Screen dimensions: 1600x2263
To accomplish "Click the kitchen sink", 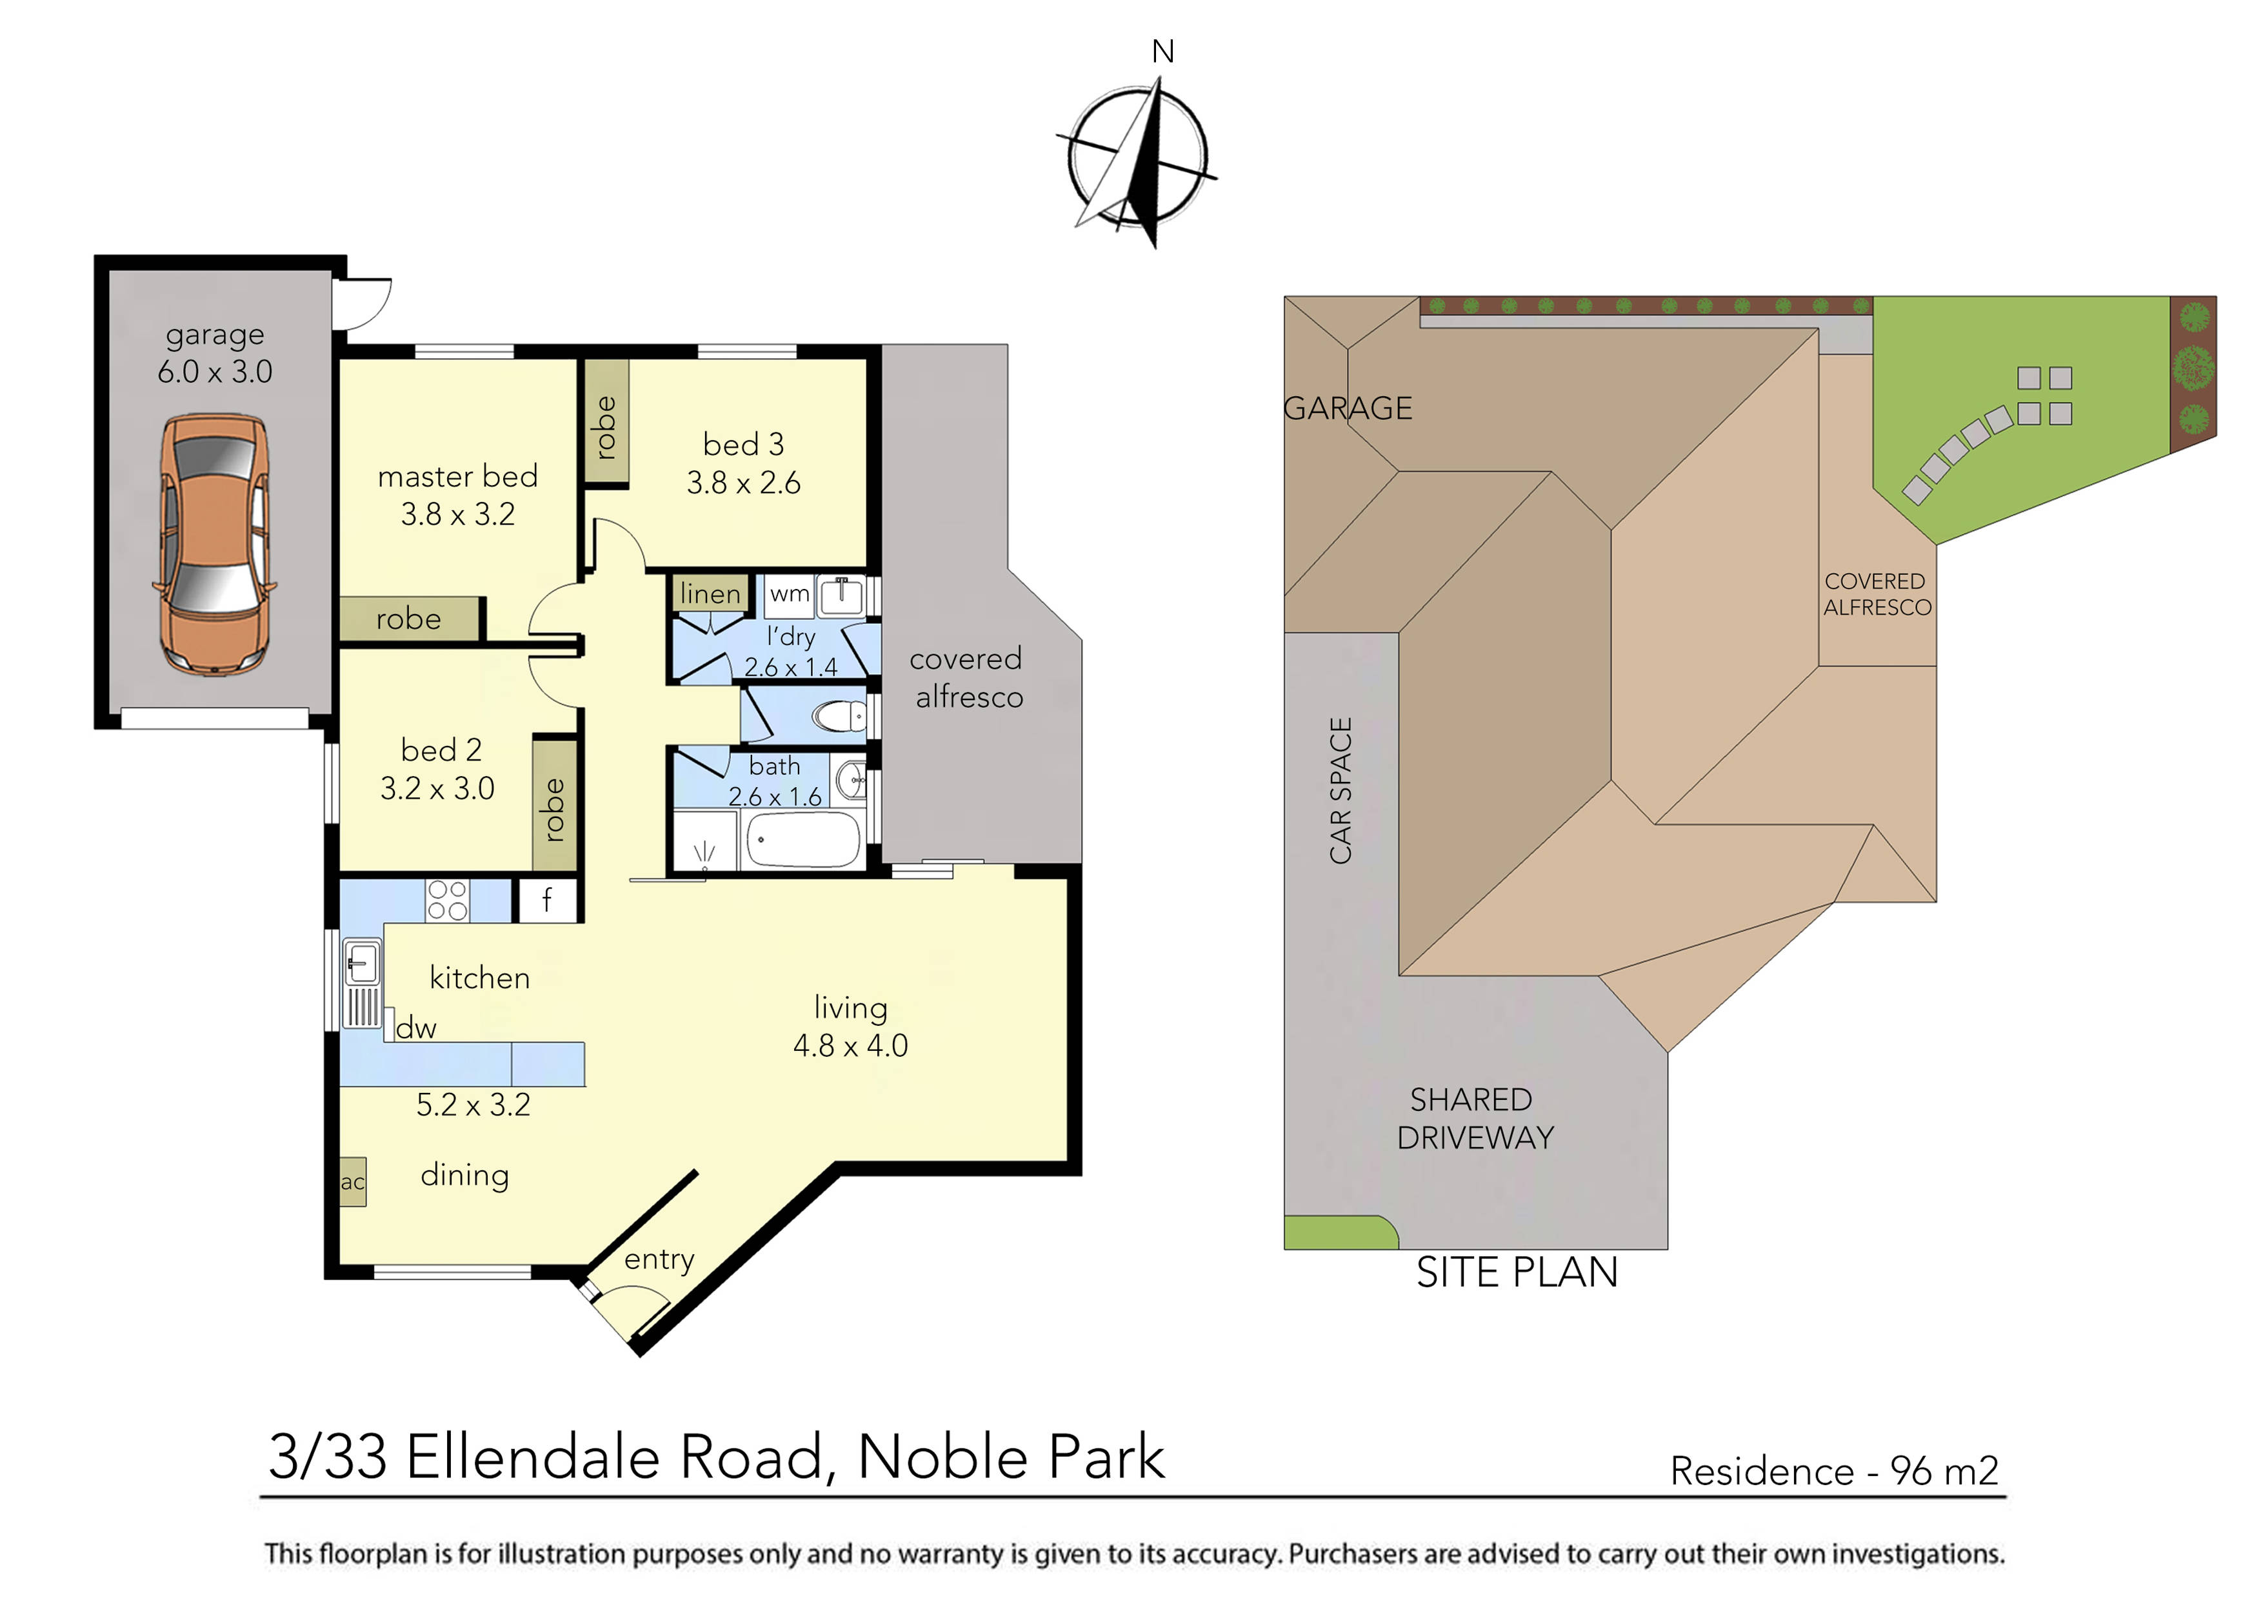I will point(362,961).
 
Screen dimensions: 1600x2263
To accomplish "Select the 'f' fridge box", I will point(547,900).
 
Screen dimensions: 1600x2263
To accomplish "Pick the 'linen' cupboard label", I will point(710,594).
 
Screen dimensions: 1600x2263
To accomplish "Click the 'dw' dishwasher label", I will point(416,1028).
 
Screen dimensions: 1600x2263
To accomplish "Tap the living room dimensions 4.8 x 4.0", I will point(851,1045).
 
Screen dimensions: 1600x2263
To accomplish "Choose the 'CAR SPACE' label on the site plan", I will point(1341,790).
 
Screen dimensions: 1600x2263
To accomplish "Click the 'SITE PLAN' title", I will point(1517,1273).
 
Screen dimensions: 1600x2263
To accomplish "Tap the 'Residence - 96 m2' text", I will point(1833,1471).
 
